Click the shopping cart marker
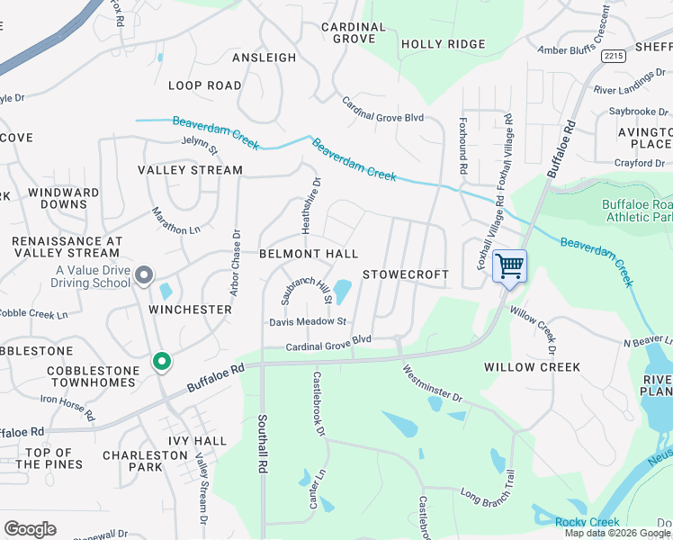(509, 266)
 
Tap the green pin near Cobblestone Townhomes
(162, 362)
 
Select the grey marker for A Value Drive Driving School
(144, 276)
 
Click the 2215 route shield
(614, 56)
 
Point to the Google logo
(30, 529)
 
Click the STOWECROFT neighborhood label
(405, 274)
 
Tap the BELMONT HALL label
(309, 255)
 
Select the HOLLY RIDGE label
(443, 44)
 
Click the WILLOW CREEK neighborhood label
(532, 367)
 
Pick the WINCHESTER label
(190, 310)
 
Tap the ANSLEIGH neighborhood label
(264, 58)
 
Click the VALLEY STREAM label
(190, 170)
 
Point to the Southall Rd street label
(263, 444)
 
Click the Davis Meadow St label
(308, 321)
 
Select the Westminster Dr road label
(432, 383)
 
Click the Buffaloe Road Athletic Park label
(636, 210)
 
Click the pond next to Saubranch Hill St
(343, 292)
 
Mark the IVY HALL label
(197, 441)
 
